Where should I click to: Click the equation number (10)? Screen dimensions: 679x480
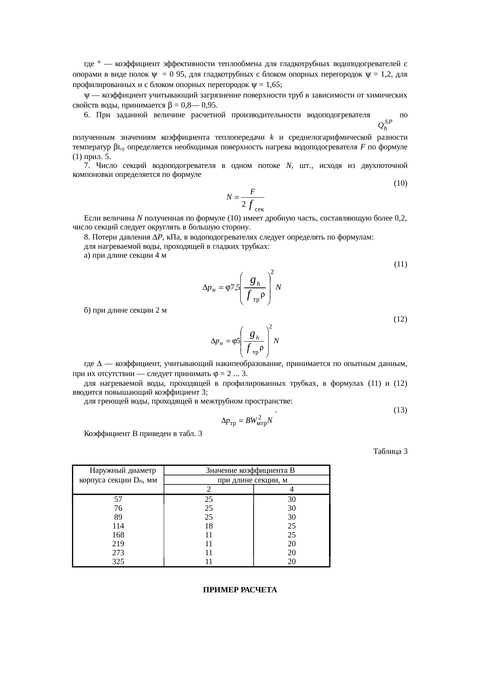pos(400,183)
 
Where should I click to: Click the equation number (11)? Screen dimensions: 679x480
pos(400,264)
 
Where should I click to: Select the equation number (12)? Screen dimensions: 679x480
pos(400,319)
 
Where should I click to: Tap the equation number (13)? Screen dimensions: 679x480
pos(400,410)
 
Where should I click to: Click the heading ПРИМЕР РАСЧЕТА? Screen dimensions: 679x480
pos(240,590)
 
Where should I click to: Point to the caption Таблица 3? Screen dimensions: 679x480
pos(390,451)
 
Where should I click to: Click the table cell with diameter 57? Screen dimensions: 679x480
pos(118,499)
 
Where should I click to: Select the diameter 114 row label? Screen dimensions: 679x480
pos(118,526)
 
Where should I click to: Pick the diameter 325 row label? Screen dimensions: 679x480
pos(118,561)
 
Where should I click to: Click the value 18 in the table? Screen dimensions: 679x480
pos(209,526)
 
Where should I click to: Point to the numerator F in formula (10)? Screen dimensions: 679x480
pos(252,192)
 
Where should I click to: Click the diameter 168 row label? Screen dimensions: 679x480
pos(118,535)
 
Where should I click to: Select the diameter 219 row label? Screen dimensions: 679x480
pos(118,544)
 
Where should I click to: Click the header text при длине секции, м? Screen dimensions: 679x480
pos(252,480)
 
